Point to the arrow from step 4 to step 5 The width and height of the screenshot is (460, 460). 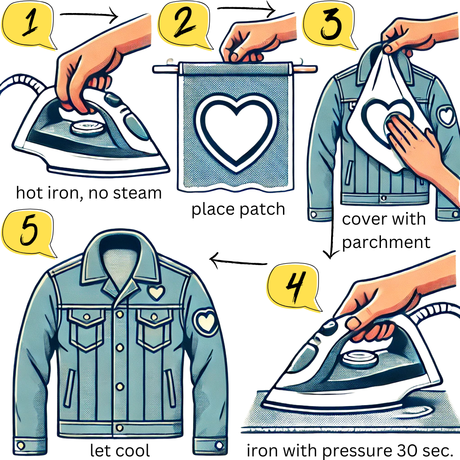(x=238, y=261)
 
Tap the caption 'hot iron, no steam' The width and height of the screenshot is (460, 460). (x=88, y=193)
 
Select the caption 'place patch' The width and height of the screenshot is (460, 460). (x=238, y=209)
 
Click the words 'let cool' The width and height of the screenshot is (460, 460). (x=120, y=450)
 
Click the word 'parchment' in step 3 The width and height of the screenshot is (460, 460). (x=386, y=242)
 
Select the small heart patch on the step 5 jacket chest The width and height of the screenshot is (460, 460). (x=155, y=292)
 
